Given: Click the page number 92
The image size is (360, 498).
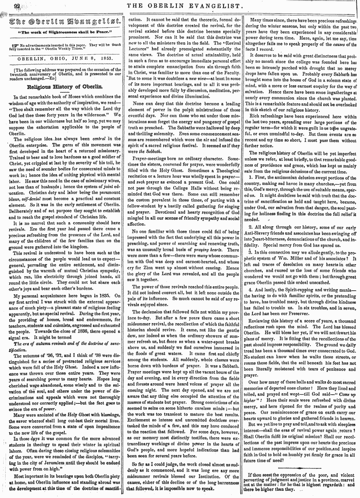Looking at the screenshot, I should tap(17, 6).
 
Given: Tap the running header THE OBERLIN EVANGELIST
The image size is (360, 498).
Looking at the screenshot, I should tap(185, 6).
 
